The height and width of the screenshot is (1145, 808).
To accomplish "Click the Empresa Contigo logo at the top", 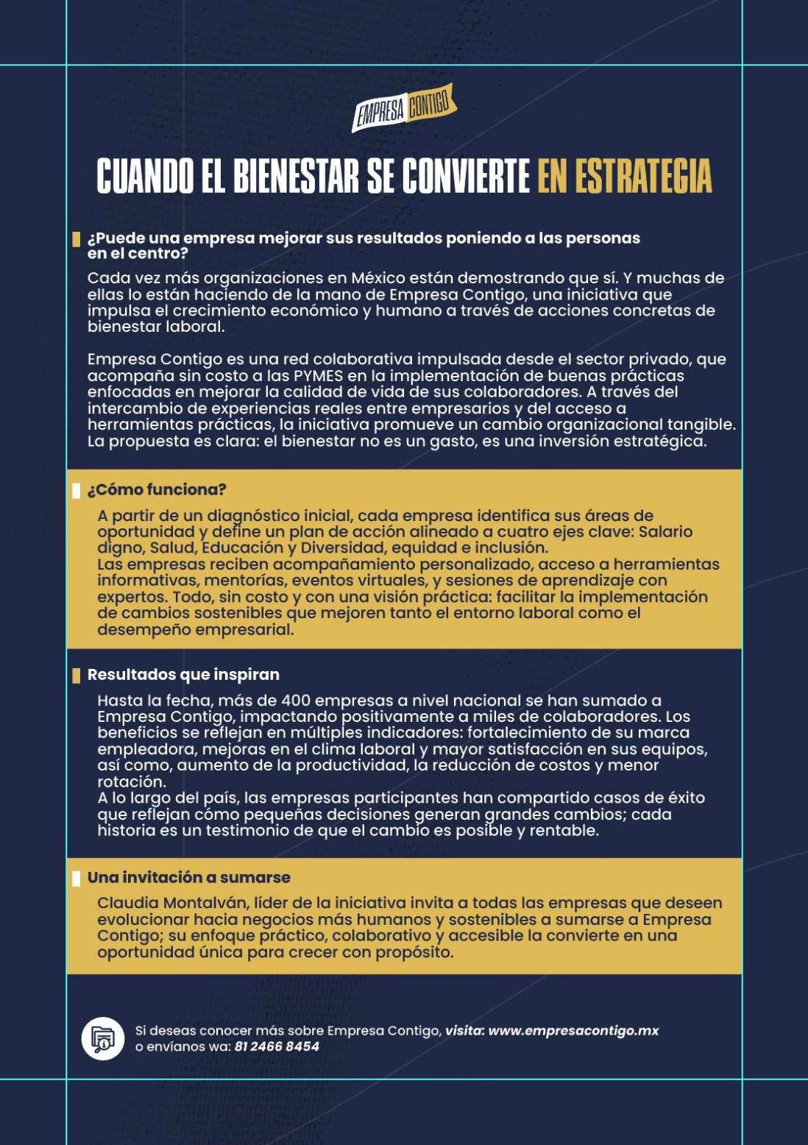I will [x=404, y=108].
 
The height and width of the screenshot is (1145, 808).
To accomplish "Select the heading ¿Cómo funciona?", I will [x=157, y=489].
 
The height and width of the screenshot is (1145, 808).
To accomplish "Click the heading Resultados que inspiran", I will [x=183, y=675].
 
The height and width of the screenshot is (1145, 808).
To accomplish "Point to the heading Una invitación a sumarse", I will [x=188, y=877].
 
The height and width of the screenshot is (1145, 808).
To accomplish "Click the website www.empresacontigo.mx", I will [x=573, y=1030].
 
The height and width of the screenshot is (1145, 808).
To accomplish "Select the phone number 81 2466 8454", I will [x=277, y=1046].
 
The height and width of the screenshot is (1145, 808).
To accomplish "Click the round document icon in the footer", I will [x=102, y=1038].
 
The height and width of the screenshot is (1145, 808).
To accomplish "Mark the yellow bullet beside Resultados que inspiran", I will [x=76, y=676].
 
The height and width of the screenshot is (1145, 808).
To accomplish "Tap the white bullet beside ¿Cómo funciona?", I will [x=76, y=490].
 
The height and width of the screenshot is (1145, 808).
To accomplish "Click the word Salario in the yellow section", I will [x=665, y=531].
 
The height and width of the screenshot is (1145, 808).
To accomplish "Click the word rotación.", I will [x=131, y=781].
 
